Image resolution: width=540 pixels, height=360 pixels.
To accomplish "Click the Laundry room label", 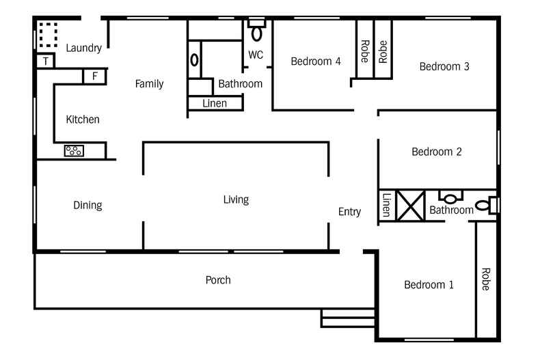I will (x=84, y=48).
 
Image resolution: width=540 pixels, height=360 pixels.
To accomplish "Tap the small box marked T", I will (x=45, y=61).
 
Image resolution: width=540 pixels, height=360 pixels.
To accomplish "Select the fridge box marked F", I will (x=94, y=76).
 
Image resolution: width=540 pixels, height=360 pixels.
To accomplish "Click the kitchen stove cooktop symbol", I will (x=74, y=150).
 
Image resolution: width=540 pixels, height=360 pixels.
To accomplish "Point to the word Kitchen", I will (x=83, y=120).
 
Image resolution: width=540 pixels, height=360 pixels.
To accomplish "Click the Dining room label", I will (x=87, y=205).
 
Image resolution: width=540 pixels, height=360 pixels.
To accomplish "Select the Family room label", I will (x=149, y=84).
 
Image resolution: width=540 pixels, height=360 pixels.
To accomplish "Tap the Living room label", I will (x=236, y=199).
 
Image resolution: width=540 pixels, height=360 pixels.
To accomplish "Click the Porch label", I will (x=218, y=280).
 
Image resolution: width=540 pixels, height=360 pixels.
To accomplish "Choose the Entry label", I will (x=349, y=212).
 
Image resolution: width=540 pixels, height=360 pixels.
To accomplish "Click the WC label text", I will (x=256, y=55).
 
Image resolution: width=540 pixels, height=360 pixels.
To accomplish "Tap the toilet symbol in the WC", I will (x=257, y=31).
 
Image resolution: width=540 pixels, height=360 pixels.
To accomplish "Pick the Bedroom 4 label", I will (x=316, y=61).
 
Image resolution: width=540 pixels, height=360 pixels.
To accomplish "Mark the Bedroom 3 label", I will (x=444, y=66).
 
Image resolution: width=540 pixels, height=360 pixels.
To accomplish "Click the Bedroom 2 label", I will (x=437, y=152).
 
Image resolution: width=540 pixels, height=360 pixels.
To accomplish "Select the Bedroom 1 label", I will (x=429, y=285).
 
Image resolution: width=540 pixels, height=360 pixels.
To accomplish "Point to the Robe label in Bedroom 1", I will (x=485, y=279).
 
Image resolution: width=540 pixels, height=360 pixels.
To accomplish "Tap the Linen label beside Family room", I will (x=216, y=103).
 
